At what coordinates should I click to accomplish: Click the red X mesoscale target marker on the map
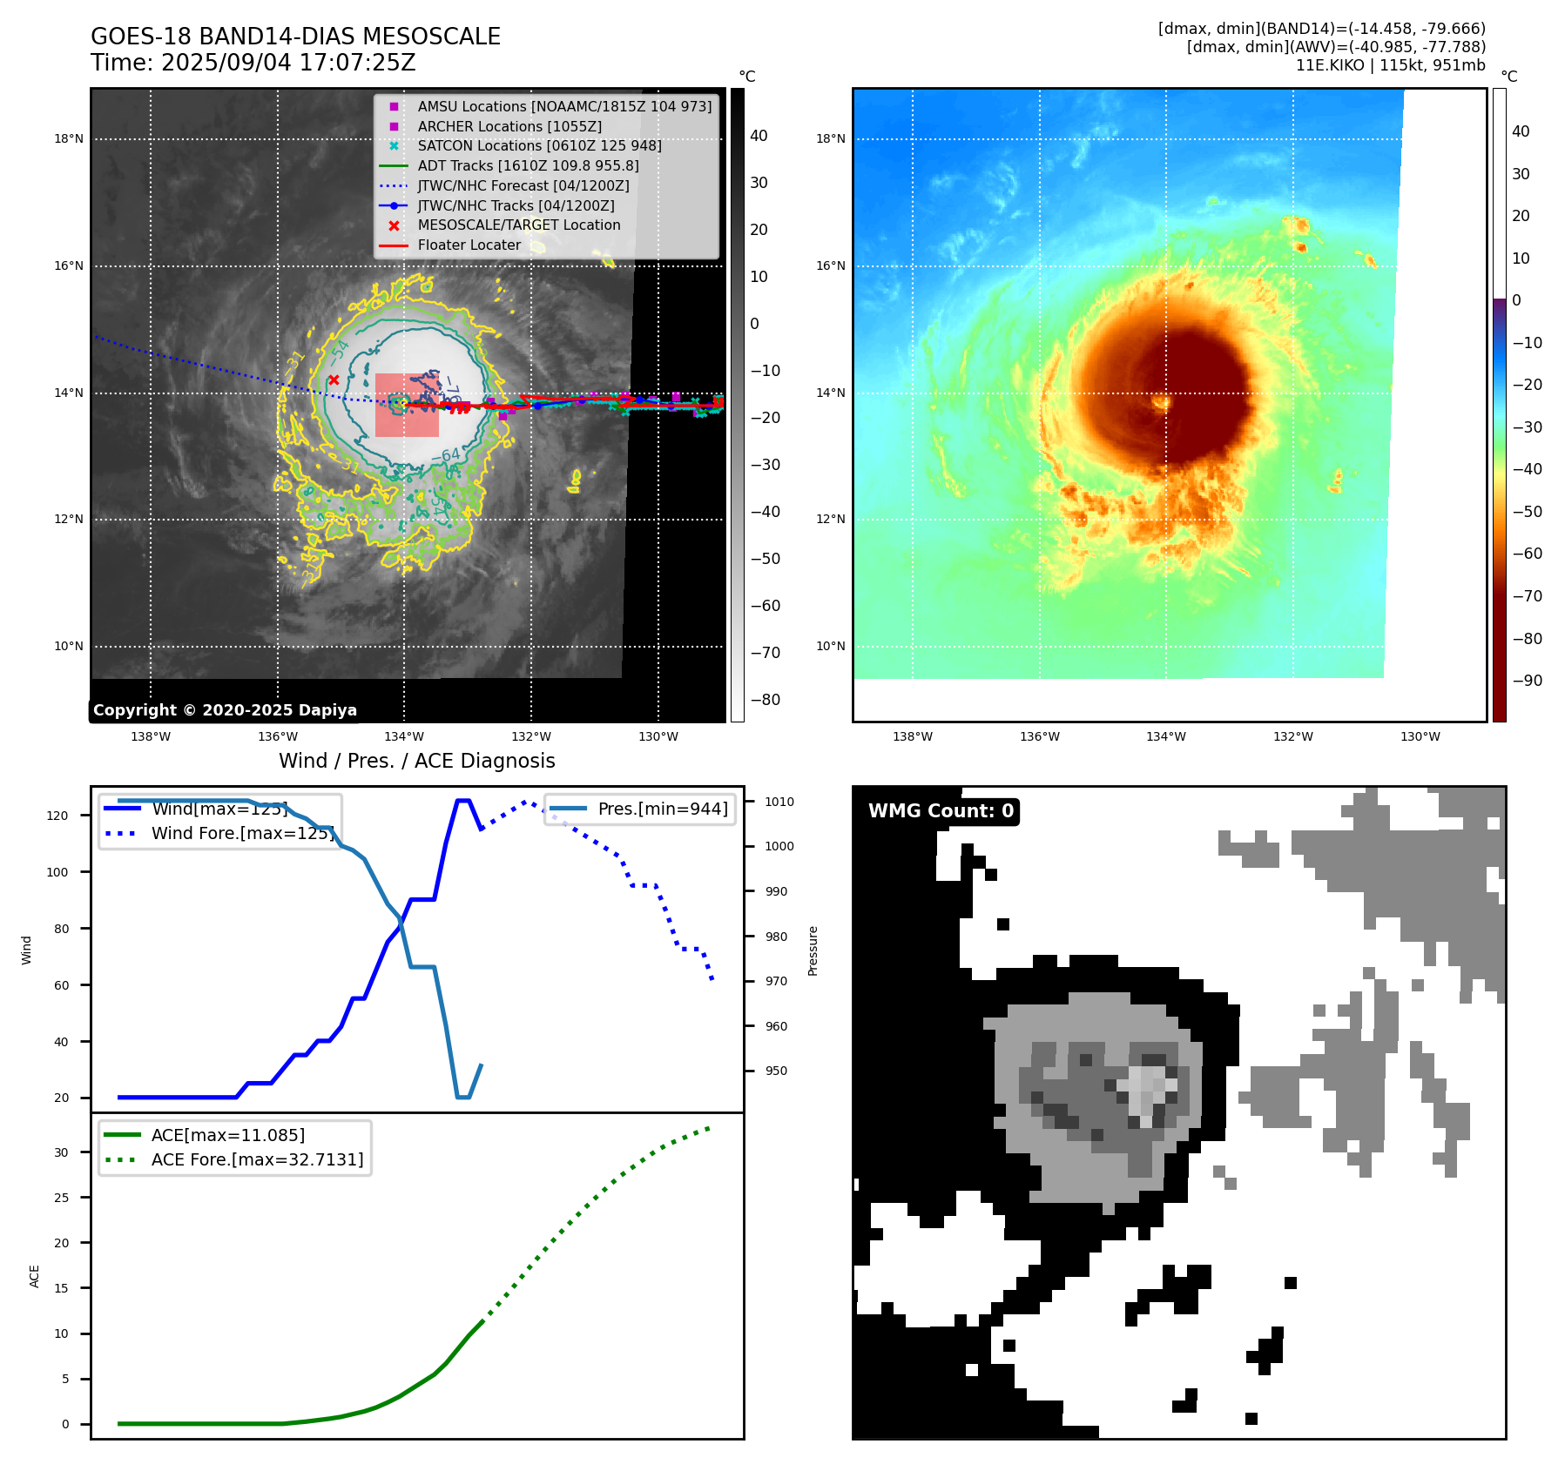[334, 380]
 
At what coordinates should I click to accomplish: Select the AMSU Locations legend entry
[563, 106]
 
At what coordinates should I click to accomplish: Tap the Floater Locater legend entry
[469, 245]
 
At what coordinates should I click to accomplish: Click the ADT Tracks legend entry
[528, 165]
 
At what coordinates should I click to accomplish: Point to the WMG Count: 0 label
[941, 811]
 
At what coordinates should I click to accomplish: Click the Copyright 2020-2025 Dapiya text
[225, 710]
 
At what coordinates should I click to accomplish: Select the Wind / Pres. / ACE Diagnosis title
[416, 761]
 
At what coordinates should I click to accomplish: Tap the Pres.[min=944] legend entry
[662, 809]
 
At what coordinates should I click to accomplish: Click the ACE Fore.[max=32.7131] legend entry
[257, 1159]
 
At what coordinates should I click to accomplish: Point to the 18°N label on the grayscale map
[69, 138]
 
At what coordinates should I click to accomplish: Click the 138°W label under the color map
[912, 737]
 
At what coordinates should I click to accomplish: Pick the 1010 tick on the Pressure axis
[779, 802]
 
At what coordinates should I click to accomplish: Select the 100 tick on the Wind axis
[57, 872]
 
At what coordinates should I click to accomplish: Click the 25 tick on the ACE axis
[61, 1198]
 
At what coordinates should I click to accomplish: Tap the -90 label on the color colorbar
[1527, 681]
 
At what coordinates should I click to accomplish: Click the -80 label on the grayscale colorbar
[766, 700]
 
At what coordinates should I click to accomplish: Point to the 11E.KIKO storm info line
[1390, 65]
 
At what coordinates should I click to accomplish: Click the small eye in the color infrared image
[1161, 401]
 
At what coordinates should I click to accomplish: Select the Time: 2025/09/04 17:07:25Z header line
[253, 63]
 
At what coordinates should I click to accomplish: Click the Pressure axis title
[813, 950]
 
